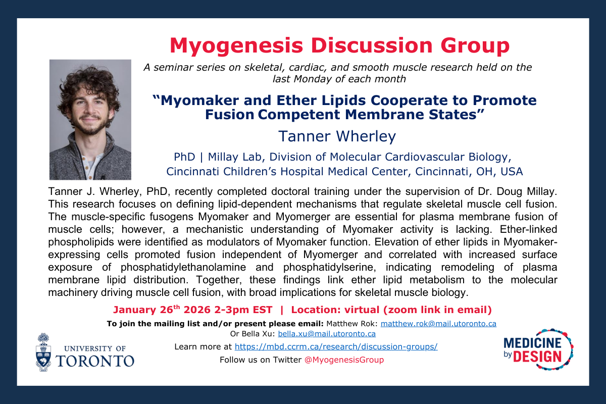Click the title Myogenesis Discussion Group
(x=339, y=46)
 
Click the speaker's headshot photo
(x=90, y=120)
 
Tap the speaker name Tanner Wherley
(x=337, y=136)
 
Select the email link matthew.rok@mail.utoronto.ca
(x=438, y=323)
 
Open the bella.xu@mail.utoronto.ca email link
(x=327, y=333)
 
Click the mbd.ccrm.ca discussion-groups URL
(x=336, y=346)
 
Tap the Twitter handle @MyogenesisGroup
(x=345, y=360)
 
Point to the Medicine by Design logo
(x=538, y=350)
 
